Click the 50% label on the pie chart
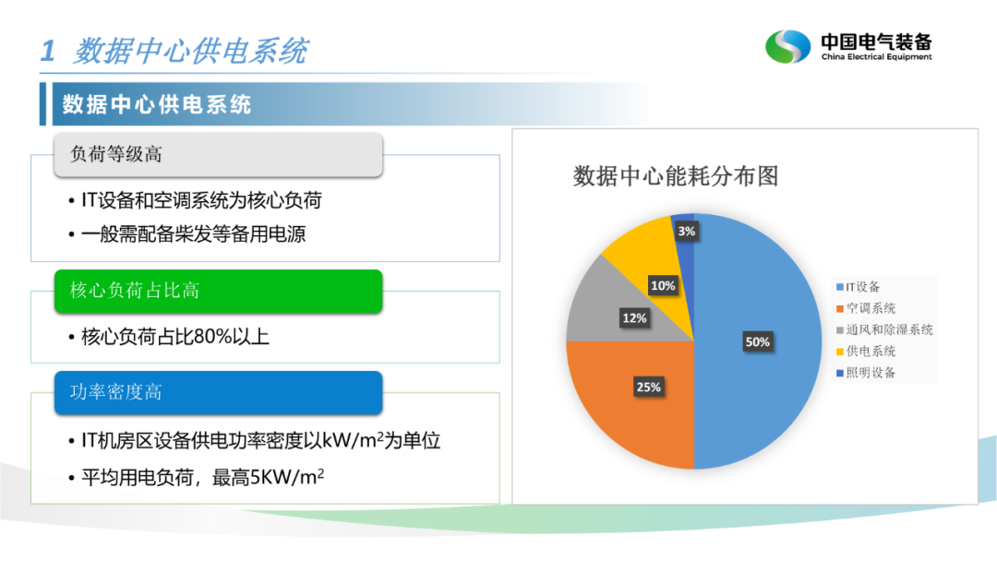(757, 341)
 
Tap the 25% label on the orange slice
(649, 387)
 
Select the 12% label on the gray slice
(634, 317)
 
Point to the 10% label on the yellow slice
(663, 286)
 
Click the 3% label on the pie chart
(686, 232)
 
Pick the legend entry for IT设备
(858, 287)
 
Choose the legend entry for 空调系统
(865, 308)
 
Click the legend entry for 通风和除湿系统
(884, 329)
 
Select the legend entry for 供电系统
(865, 352)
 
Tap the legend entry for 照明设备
(865, 373)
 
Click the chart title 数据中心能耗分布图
(676, 176)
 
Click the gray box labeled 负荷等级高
(218, 154)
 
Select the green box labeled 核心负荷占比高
(218, 291)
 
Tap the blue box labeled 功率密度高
(218, 393)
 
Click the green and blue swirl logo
(787, 46)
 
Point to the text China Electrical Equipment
(876, 56)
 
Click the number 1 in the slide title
(48, 51)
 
